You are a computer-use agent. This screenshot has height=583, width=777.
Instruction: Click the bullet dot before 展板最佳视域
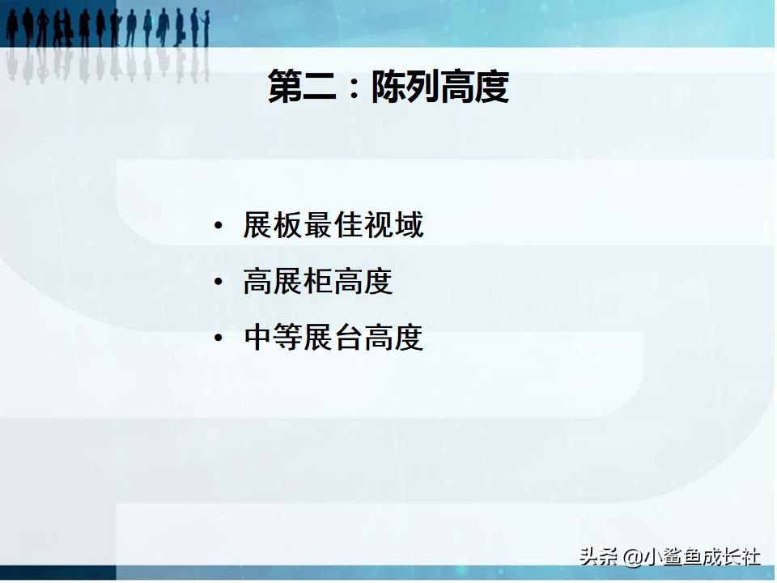pyautogui.click(x=218, y=226)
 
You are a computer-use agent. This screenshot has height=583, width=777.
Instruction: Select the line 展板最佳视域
pyautogui.click(x=333, y=225)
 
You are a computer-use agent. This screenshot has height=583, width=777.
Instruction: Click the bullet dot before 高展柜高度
pyautogui.click(x=218, y=282)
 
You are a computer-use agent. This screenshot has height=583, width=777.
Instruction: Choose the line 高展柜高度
pyautogui.click(x=318, y=282)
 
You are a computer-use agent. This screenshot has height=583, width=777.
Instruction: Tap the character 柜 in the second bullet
pyautogui.click(x=318, y=282)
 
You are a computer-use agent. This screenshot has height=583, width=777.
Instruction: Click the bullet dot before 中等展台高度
pyautogui.click(x=218, y=338)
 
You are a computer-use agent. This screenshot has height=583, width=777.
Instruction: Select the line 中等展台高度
pyautogui.click(x=333, y=338)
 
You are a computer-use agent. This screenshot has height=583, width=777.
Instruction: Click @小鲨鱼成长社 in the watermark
pyautogui.click(x=692, y=557)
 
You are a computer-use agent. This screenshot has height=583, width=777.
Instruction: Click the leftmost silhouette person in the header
pyautogui.click(x=11, y=28)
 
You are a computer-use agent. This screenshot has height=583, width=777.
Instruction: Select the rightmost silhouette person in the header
pyautogui.click(x=206, y=28)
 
